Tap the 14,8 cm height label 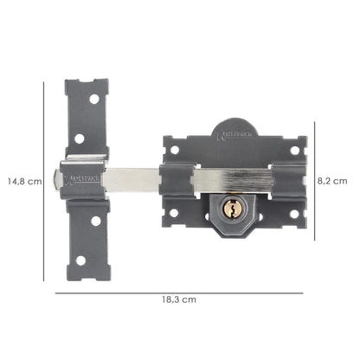23,182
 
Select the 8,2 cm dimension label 332,181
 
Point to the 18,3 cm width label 177,298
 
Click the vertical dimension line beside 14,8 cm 44,182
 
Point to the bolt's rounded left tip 57,180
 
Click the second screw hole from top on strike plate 80,138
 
